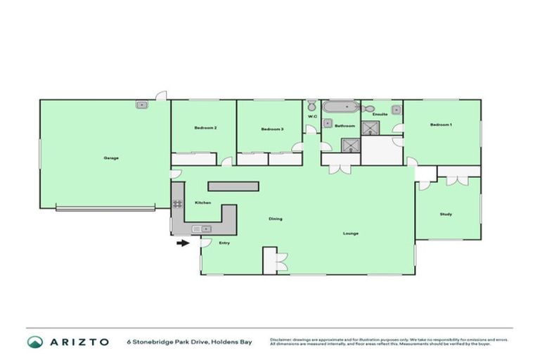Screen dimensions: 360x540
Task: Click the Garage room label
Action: [x=111, y=157]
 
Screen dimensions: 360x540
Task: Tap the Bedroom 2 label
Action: [x=205, y=128]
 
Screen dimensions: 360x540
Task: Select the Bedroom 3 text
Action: [x=271, y=129]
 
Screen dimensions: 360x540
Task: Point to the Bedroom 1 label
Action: [x=441, y=124]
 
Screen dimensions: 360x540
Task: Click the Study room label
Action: [x=446, y=214]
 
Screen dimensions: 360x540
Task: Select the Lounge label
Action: [x=351, y=233]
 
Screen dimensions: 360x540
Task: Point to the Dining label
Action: [x=275, y=219]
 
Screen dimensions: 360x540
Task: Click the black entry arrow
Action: [x=183, y=243]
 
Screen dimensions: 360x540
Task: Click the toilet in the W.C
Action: [x=312, y=107]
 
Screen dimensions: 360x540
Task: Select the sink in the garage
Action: [x=142, y=105]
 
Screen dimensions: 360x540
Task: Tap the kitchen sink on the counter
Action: [x=202, y=229]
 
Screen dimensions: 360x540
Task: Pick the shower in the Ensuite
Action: [x=369, y=128]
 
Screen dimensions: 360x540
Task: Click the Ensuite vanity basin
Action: [x=397, y=109]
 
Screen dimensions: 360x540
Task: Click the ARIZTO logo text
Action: [x=79, y=342]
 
